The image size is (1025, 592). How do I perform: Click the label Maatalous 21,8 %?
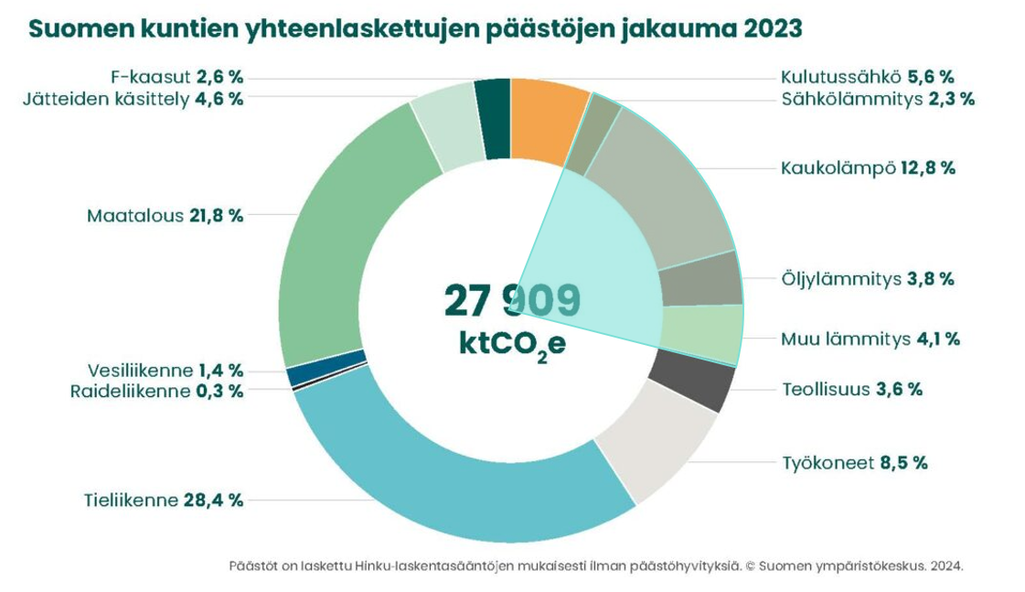point(165,216)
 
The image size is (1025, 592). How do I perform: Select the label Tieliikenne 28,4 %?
point(162,500)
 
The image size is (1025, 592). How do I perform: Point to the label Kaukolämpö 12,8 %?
point(867,168)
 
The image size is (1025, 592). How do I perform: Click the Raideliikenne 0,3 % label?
point(156,391)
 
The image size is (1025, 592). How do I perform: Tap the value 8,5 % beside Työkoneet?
point(903,462)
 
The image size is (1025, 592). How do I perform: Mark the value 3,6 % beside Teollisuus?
point(899,389)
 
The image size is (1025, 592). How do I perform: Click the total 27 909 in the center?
point(511,300)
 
